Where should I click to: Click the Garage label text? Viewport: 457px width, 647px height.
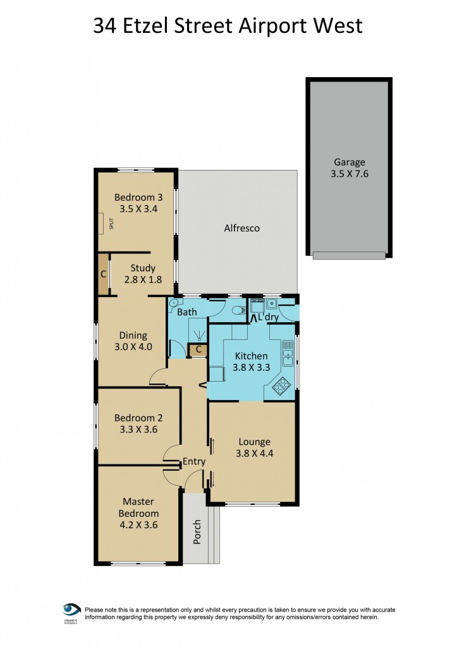349,162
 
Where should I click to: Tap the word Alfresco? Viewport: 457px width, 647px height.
242,228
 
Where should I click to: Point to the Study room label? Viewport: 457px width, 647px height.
143,268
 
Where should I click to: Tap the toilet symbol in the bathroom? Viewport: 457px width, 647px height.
238,310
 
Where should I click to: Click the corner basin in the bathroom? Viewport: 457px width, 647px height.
174,303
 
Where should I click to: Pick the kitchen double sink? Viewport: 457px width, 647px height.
288,353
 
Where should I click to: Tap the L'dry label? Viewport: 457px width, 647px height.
269,317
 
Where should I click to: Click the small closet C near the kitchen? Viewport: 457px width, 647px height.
198,349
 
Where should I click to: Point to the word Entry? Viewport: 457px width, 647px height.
194,462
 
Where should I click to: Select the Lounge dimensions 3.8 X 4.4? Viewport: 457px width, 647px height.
255,453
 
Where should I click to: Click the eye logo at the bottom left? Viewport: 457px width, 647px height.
71,610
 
